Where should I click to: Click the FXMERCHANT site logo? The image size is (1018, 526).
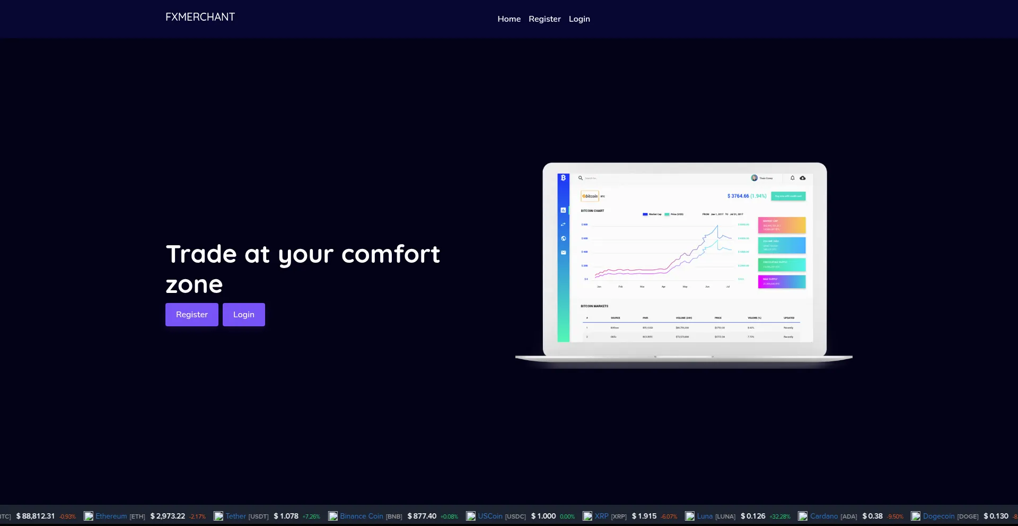[x=200, y=17]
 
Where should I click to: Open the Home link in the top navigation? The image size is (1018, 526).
[x=509, y=19]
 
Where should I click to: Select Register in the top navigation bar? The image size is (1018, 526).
[x=545, y=19]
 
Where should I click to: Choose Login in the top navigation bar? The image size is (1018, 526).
[x=579, y=19]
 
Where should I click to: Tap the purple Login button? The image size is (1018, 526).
[x=243, y=315]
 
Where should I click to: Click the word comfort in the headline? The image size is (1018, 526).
[x=391, y=254]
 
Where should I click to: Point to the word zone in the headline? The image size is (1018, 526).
[x=194, y=285]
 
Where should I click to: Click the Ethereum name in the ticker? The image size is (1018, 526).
[x=111, y=516]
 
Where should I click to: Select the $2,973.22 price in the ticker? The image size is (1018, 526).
[x=168, y=516]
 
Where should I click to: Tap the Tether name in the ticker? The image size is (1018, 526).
[x=236, y=516]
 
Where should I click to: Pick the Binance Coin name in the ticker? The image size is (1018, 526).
[x=362, y=516]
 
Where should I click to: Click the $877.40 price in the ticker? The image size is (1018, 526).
[x=422, y=516]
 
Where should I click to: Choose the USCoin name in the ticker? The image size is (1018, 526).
[x=490, y=516]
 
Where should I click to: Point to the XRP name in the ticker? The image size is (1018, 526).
[x=601, y=516]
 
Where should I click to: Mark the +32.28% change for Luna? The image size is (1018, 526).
[x=780, y=516]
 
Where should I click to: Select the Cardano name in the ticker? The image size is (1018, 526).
[x=824, y=516]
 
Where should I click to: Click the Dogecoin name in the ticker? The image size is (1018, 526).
[x=938, y=516]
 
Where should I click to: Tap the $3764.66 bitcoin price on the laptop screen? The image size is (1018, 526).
[x=738, y=196]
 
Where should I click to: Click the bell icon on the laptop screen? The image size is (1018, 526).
[x=793, y=178]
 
